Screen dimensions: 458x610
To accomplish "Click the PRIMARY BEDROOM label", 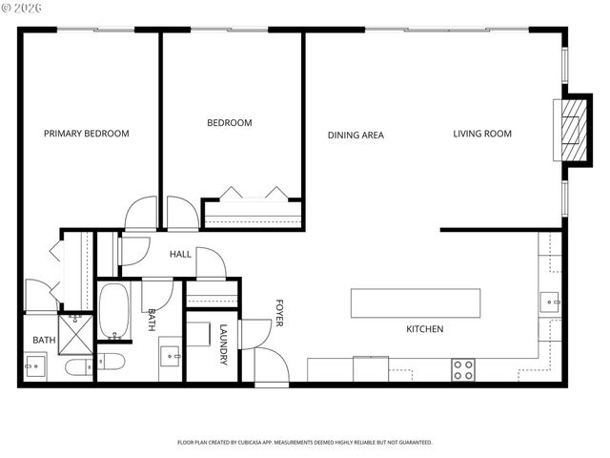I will point(86,134).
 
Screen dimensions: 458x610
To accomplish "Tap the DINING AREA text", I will point(356,135).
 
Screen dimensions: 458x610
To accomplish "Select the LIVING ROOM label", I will point(481,134).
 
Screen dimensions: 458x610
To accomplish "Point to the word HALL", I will point(180,255).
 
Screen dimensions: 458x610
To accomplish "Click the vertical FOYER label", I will point(279,312).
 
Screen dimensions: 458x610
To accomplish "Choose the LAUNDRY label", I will point(223,344).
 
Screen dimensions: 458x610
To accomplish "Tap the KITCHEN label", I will point(424,329).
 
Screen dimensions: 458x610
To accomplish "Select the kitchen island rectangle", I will point(416,302).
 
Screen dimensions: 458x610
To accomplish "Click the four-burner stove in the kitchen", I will point(463,369).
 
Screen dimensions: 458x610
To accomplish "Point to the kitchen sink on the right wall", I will point(550,303).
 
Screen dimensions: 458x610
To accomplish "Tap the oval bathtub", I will point(113,311).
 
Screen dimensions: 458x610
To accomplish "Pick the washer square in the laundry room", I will point(198,334).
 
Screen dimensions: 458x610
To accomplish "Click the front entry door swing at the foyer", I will point(270,364).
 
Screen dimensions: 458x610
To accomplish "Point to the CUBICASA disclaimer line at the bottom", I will point(305,443).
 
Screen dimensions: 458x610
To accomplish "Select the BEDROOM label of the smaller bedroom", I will point(230,123).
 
